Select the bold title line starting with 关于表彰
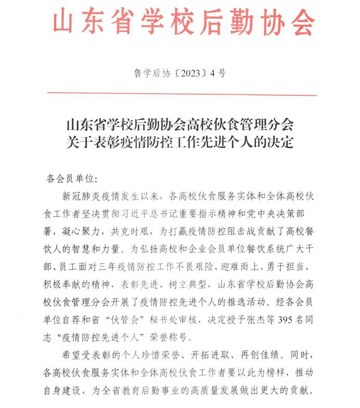(179, 142)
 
